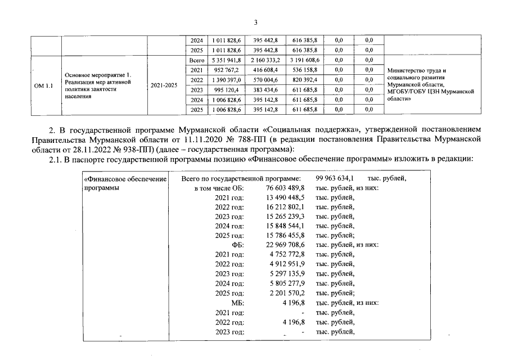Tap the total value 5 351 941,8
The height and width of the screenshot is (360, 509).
coord(224,60)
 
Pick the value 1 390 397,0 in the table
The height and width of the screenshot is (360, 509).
coord(224,80)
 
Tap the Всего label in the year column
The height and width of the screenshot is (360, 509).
coord(196,60)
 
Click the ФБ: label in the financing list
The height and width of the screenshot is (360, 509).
coord(238,245)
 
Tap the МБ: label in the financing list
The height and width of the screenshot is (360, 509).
coord(237,303)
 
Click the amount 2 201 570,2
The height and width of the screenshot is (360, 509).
coord(286,293)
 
